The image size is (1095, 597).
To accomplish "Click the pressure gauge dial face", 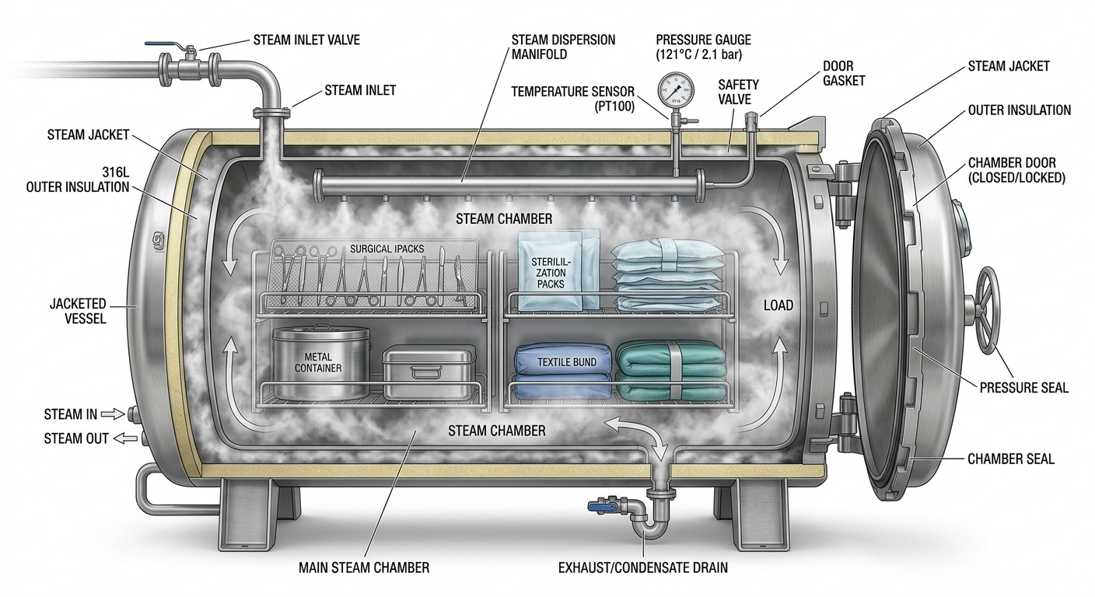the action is point(677,91).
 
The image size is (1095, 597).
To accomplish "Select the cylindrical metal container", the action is point(320,362).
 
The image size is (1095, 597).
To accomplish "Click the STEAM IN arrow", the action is point(113,414).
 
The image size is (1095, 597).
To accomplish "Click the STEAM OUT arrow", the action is point(125,438).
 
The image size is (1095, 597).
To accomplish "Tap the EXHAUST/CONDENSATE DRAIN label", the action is point(643,567).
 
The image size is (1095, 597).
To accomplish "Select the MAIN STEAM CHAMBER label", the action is point(364,567).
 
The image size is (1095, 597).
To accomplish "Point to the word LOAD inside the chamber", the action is point(778,305).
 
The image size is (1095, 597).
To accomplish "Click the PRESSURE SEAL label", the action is point(1024,388).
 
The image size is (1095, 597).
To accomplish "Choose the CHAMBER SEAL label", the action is point(1011,459).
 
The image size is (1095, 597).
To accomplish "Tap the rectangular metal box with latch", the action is point(429,372).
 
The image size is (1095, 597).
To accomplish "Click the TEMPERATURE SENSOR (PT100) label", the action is point(573,99).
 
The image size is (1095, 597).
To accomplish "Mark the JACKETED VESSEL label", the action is point(78,312).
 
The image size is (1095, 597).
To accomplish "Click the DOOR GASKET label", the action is point(844,73).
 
